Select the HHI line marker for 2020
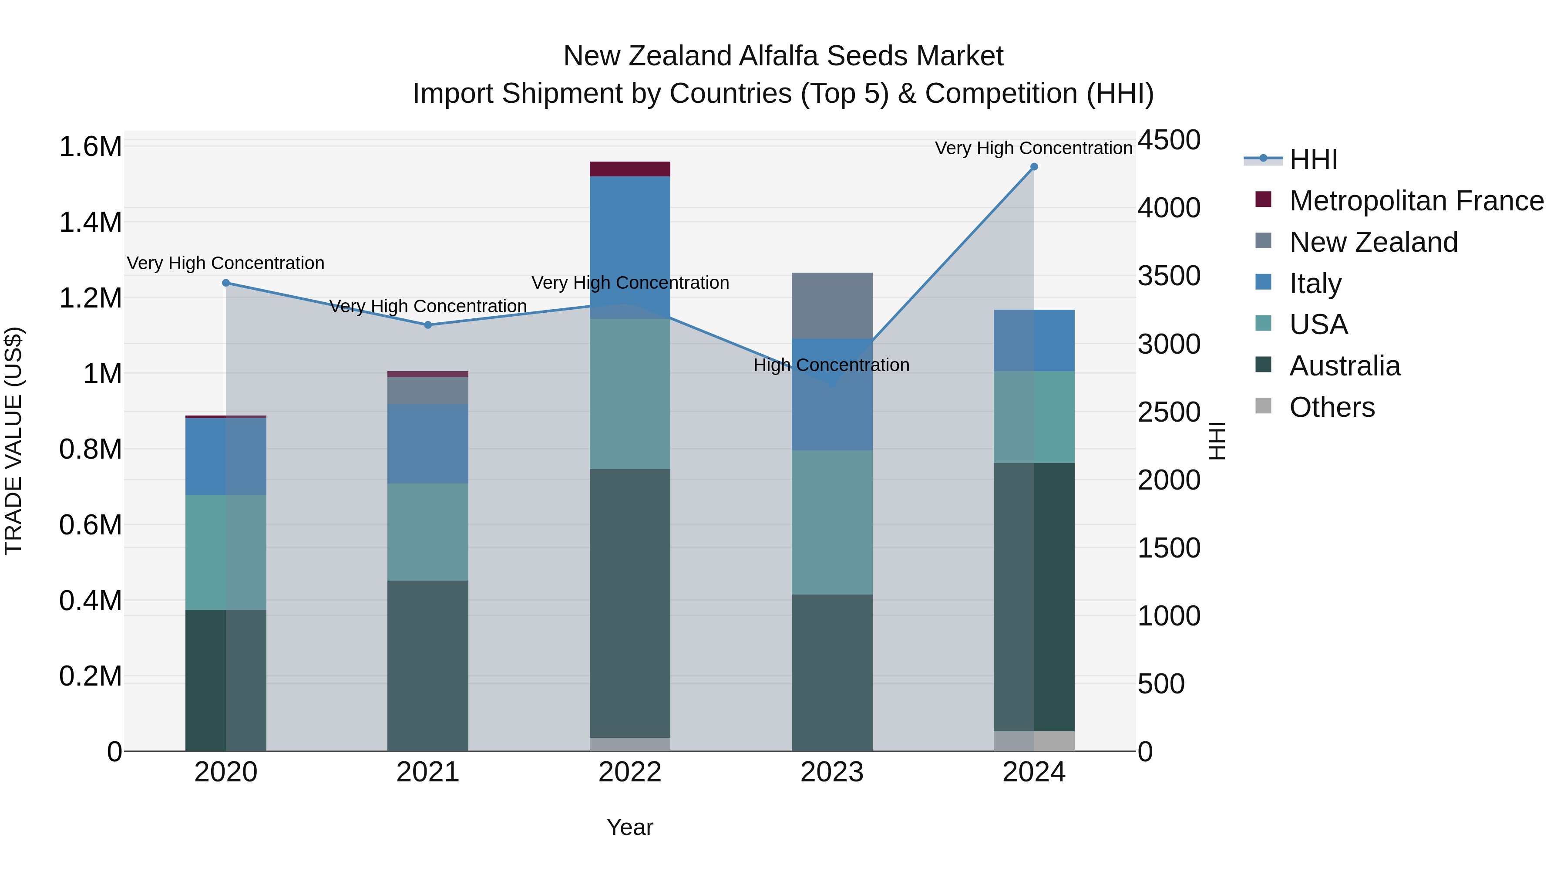coord(225,283)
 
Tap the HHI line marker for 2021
coord(427,325)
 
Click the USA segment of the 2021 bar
coord(427,532)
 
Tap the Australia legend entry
coord(1345,366)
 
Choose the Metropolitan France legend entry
coord(1416,201)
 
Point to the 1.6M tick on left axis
coord(90,147)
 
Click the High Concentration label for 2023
coord(831,365)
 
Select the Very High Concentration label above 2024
coord(1033,148)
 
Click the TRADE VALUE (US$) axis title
coord(14,441)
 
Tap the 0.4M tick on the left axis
coord(90,601)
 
